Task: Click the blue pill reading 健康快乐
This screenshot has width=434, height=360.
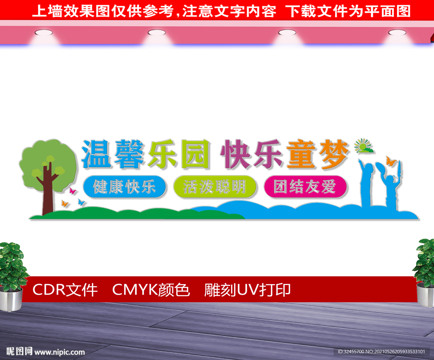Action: point(125,187)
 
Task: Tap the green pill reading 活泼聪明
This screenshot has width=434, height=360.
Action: point(215,187)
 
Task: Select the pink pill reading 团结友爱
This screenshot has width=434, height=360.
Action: point(305,187)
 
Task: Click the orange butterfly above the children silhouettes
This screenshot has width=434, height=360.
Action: point(390,161)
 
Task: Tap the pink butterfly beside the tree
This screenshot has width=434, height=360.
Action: point(72,190)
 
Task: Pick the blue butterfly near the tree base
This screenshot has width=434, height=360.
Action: point(81,202)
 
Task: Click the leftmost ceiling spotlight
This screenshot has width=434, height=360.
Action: point(44,33)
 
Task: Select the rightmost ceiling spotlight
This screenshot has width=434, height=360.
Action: point(397,33)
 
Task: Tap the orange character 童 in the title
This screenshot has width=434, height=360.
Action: point(300,154)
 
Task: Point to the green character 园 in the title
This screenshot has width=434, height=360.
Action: point(196,154)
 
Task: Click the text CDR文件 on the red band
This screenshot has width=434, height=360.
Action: point(65,290)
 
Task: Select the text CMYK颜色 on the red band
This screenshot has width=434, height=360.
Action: point(151,290)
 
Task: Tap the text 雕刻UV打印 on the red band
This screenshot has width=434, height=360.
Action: point(247,290)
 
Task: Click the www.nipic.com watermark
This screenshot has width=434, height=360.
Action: point(59,352)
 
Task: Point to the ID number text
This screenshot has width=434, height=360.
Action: point(381,352)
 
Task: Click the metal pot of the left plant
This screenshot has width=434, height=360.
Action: point(11,299)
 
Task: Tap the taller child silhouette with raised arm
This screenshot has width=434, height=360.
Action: point(368,183)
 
